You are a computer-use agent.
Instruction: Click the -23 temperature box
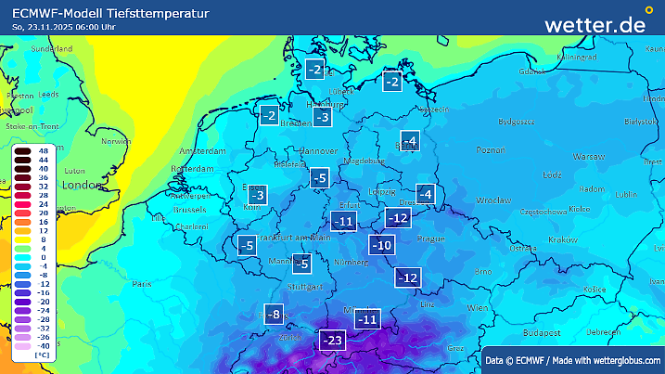(332, 341)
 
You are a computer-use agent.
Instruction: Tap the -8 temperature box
(274, 315)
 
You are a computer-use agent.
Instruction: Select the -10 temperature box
(381, 245)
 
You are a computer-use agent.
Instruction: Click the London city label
(79, 185)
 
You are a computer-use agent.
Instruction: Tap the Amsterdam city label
(201, 150)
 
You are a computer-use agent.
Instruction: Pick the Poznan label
(489, 149)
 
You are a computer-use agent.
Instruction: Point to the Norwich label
(116, 142)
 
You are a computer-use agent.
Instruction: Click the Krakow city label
(562, 239)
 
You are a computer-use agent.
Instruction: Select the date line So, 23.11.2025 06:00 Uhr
(64, 27)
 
